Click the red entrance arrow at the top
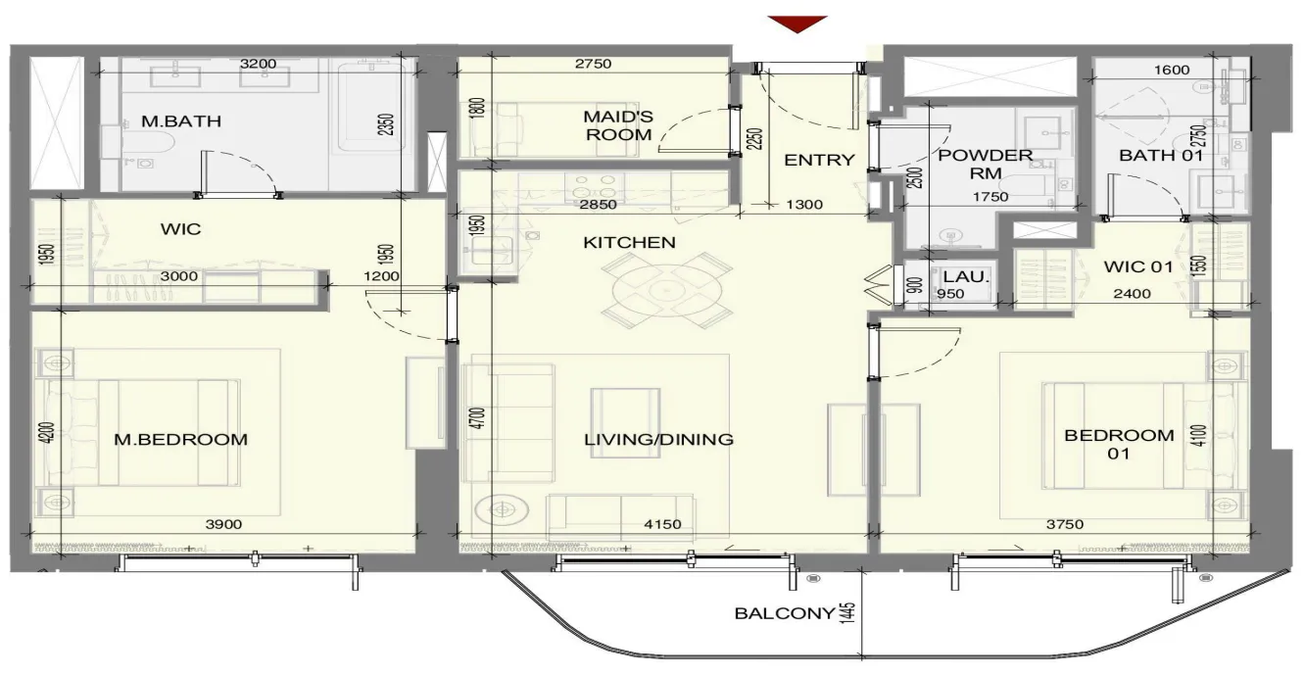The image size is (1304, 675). pos(797,24)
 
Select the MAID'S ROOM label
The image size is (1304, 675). pos(618,125)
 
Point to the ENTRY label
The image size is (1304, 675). pos(819,160)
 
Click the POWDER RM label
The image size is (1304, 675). pos(986,164)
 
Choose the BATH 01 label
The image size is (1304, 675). pos(1161,156)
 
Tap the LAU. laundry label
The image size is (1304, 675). pos(966,276)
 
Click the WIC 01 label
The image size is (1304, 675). pos(1138,266)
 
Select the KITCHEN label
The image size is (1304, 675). pos(629,242)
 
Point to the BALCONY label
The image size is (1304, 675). pos(785,613)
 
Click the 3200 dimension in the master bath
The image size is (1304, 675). pos(258,64)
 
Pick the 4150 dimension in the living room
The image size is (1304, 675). pos(662,524)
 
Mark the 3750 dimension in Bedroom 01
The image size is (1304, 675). pos(1065,524)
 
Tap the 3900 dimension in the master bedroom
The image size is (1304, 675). pos(223,524)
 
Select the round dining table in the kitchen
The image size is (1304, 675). pos(666,290)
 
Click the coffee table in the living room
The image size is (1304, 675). pos(625,422)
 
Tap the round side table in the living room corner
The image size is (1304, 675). pos(502,510)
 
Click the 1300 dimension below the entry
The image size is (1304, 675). pos(804,204)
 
